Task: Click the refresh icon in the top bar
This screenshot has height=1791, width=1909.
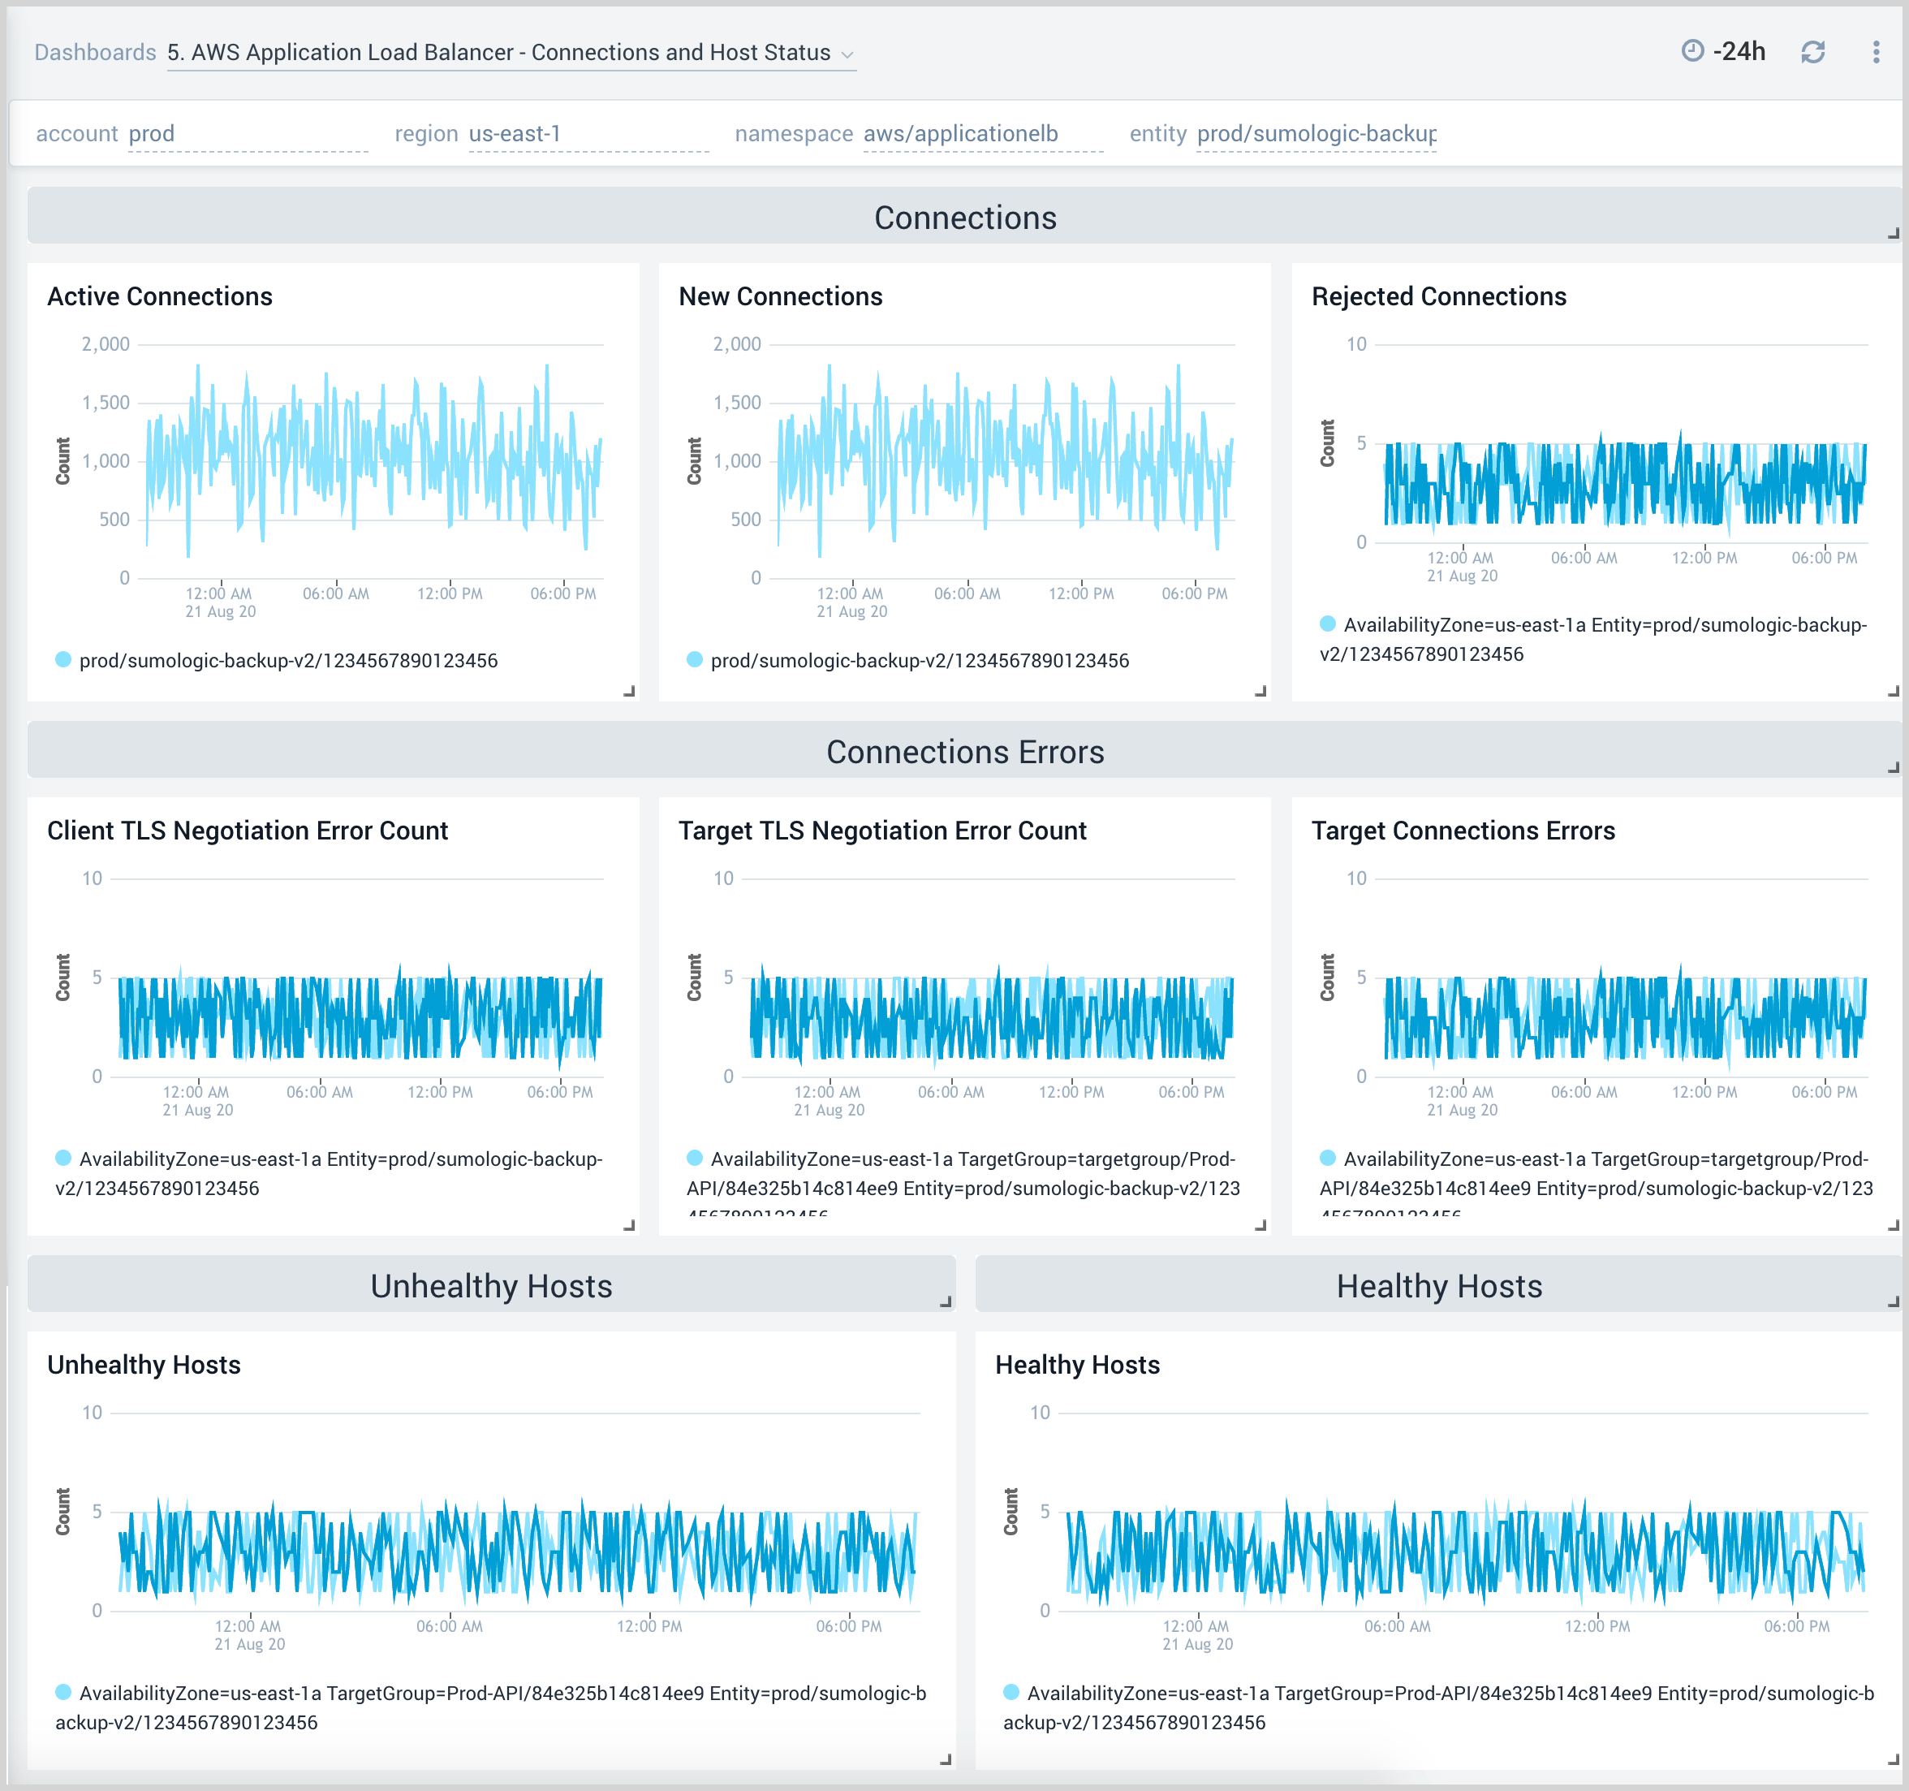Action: pos(1812,52)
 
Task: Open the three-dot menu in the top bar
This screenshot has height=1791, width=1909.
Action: pos(1876,52)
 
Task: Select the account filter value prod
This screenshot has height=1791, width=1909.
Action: pos(152,133)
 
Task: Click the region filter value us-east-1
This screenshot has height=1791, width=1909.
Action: pos(515,133)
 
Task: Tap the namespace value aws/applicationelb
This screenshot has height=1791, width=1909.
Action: pos(960,133)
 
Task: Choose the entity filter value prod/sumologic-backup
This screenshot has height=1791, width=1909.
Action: pos(1316,133)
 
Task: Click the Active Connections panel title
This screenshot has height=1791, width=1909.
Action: pos(159,296)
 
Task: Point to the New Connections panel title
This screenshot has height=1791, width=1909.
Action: pos(780,296)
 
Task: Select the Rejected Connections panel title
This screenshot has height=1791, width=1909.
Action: pos(1438,296)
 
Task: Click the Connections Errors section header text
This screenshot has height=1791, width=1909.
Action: pos(965,752)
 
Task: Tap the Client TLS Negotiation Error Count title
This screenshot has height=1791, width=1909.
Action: pos(248,831)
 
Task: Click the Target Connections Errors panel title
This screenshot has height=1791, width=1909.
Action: pos(1463,831)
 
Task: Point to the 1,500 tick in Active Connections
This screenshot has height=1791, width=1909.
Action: pos(106,403)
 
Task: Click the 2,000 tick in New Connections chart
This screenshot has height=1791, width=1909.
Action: pos(736,343)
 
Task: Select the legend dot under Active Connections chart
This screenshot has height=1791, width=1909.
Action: pos(63,660)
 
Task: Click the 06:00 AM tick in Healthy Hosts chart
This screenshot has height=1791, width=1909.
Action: pos(1397,1626)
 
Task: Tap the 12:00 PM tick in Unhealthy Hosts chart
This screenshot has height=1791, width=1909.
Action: pos(649,1626)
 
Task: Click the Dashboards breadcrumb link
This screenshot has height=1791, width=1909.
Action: pos(95,52)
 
